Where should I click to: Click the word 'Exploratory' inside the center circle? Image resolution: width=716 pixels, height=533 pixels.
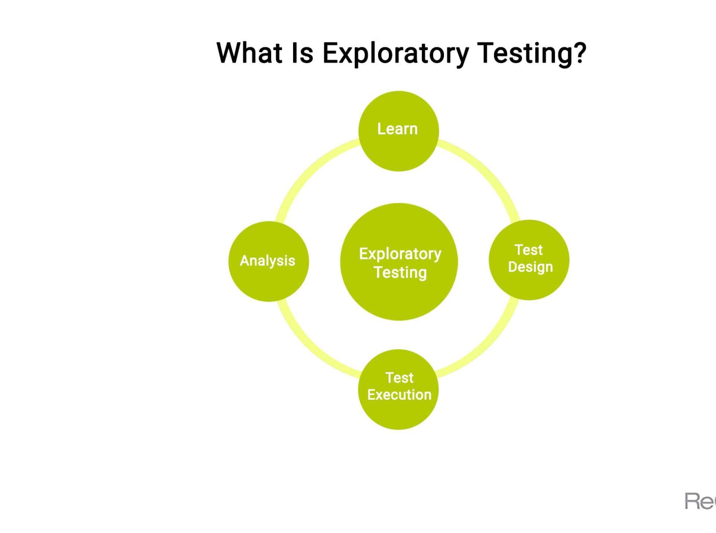400,254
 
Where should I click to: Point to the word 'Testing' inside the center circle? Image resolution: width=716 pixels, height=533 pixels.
400,272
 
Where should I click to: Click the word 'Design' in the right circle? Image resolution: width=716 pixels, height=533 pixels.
530,267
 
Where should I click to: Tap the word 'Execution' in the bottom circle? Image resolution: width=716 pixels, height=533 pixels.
399,395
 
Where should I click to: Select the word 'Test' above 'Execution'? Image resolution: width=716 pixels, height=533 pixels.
399,378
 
